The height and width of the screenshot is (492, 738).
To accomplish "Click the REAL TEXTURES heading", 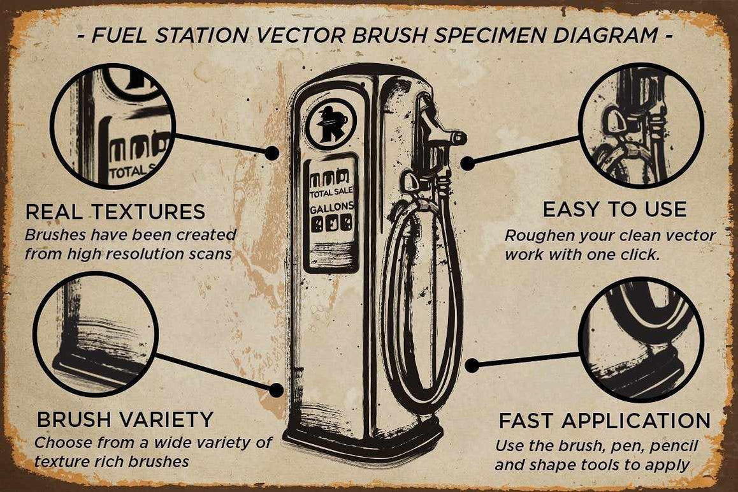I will pyautogui.click(x=115, y=211).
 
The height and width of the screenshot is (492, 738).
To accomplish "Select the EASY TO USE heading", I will pyautogui.click(x=614, y=209).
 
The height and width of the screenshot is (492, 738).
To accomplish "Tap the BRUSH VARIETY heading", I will pyautogui.click(x=125, y=419).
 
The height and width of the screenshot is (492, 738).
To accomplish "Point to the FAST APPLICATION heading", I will pyautogui.click(x=604, y=421).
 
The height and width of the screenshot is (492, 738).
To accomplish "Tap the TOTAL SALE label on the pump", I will pyautogui.click(x=331, y=193).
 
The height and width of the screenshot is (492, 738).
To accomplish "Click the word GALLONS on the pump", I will pyautogui.click(x=331, y=209).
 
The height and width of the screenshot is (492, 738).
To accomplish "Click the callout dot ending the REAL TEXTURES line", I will pyautogui.click(x=272, y=153).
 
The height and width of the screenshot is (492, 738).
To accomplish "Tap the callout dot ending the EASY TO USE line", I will pyautogui.click(x=468, y=163).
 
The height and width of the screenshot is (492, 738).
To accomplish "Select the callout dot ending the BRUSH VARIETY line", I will pyautogui.click(x=277, y=389).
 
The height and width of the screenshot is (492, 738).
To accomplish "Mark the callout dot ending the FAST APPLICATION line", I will pyautogui.click(x=472, y=366).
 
